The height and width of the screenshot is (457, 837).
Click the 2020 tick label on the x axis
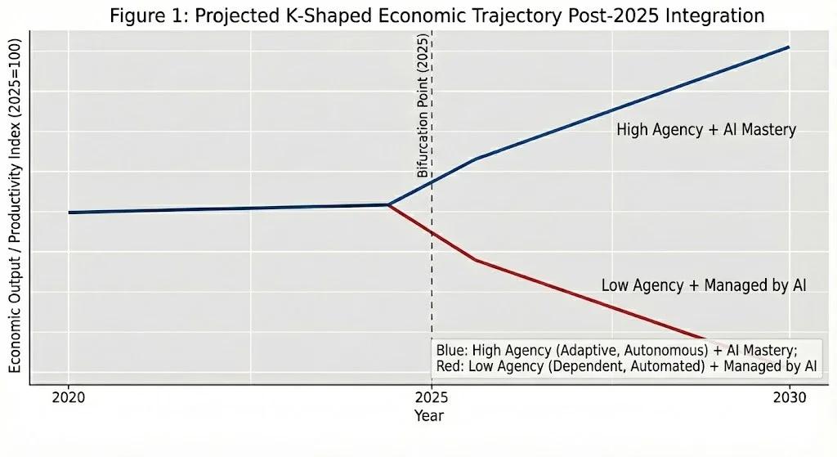68,398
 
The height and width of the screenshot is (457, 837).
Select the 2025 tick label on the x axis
429,398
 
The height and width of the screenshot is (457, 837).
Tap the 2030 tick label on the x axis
789,398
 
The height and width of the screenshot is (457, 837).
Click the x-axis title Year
429,416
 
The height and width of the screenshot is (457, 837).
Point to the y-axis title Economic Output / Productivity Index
16,209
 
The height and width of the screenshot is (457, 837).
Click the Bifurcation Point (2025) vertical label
423,106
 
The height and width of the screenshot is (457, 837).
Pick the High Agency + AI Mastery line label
706,130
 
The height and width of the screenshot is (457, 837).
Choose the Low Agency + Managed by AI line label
704,285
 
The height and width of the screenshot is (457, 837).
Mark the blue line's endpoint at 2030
789,47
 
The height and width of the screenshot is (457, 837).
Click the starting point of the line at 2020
69,213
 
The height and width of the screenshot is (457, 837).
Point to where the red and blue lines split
388,204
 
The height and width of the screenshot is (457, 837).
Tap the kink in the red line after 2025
475,260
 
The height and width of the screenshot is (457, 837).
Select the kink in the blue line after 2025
475,159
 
